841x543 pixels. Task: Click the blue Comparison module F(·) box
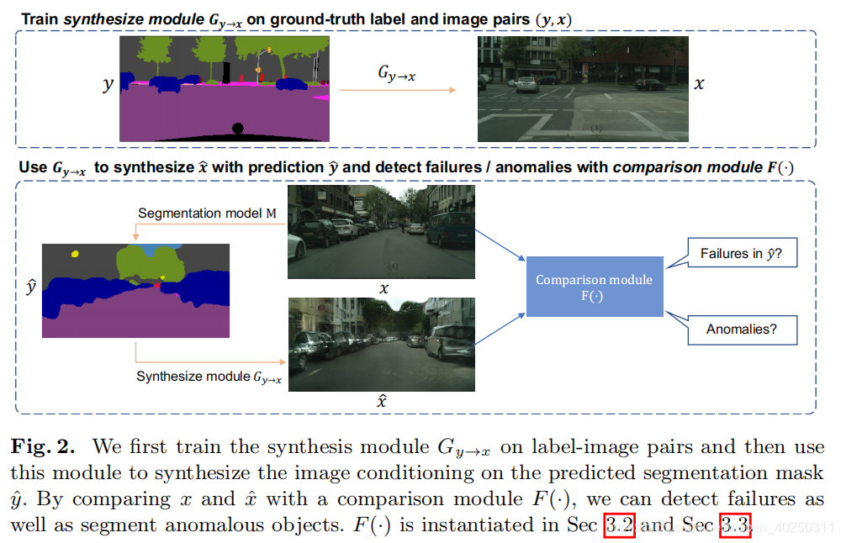coord(595,287)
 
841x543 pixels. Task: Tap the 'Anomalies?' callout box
coord(741,329)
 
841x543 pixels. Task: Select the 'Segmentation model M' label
coord(207,214)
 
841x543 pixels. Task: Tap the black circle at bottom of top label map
coord(237,128)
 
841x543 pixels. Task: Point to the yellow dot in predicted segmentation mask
coord(75,252)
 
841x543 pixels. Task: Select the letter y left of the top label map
coord(108,86)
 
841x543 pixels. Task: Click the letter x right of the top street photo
coord(699,84)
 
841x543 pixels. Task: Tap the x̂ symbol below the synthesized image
coord(381,401)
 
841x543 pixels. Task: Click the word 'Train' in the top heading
coord(39,16)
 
